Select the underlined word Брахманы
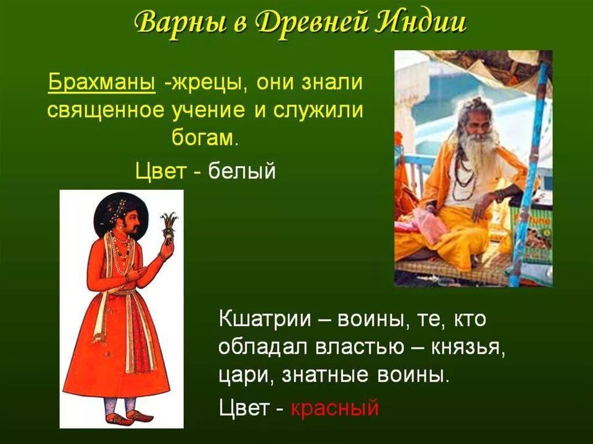point(101,83)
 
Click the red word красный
point(335,408)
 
